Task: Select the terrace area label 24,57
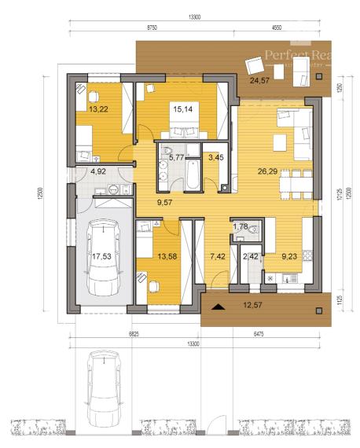pyautogui.click(x=259, y=80)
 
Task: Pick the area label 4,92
pyautogui.click(x=98, y=170)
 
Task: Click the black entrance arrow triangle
pyautogui.click(x=219, y=308)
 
